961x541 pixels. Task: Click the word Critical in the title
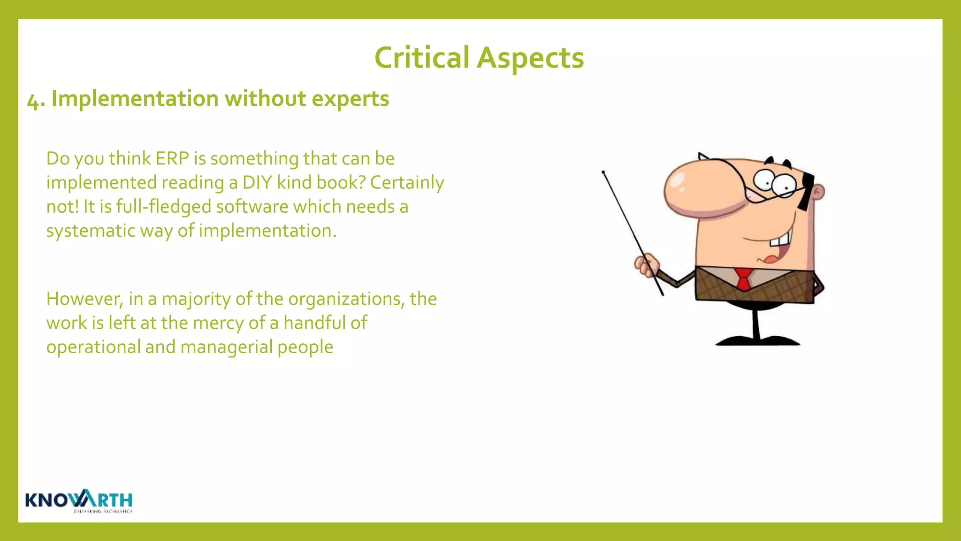tap(422, 58)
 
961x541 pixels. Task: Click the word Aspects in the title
tap(530, 58)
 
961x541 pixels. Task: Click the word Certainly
tap(407, 183)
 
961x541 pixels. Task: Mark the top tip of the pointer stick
tap(603, 172)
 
